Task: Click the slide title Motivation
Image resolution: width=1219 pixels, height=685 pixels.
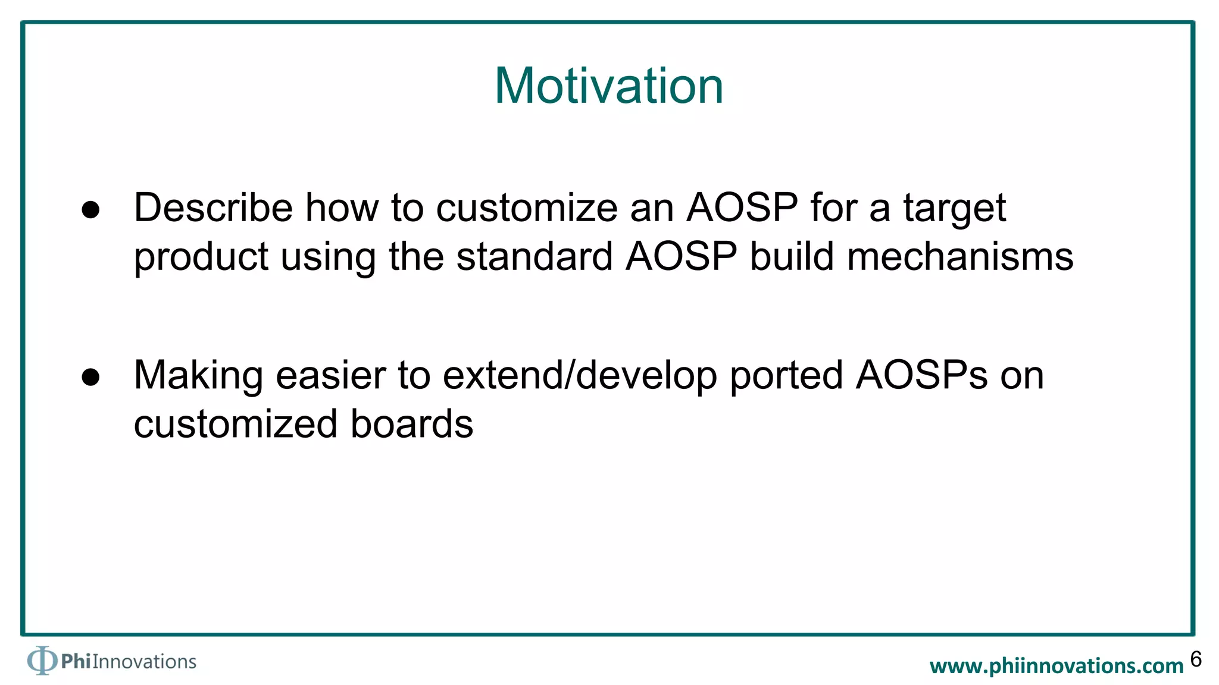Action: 609,86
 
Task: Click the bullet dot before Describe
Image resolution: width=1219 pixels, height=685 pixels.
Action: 90,210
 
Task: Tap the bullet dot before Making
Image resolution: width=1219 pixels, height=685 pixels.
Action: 90,377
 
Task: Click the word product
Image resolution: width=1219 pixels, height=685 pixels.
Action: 201,257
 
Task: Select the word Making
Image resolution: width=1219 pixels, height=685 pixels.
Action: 198,377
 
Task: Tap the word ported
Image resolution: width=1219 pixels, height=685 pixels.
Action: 786,377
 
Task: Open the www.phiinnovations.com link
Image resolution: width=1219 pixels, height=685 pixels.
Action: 1057,666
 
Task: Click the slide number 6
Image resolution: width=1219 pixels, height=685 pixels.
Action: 1196,659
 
